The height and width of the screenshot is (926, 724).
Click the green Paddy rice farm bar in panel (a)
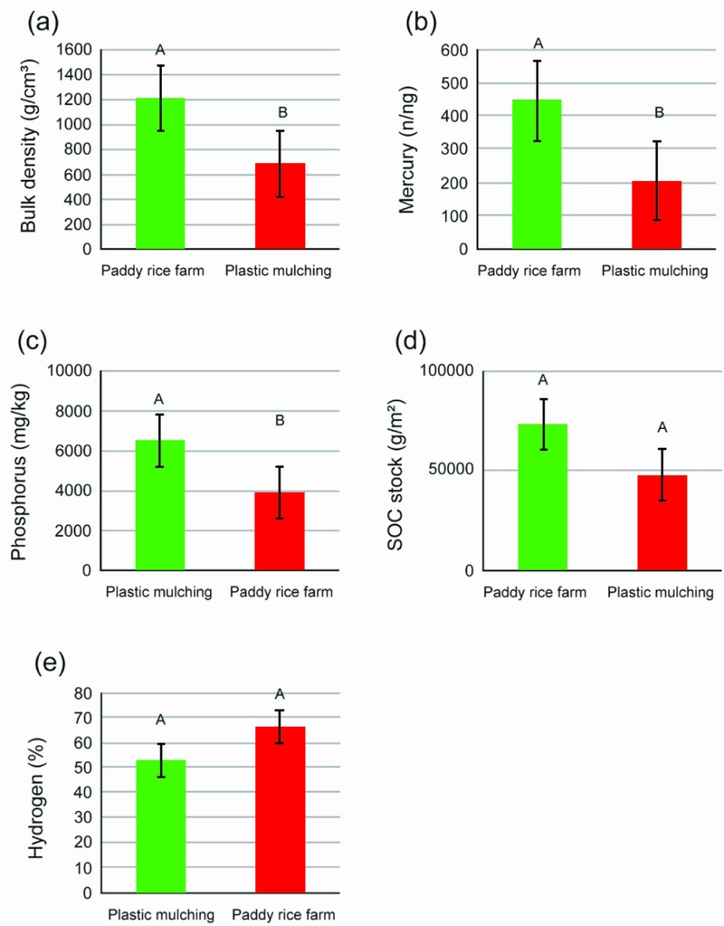160,174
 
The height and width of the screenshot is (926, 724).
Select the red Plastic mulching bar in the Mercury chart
657,215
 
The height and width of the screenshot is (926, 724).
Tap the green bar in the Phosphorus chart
160,505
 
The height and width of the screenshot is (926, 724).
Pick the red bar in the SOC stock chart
662,523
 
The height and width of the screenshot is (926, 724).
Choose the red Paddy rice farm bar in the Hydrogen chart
280,809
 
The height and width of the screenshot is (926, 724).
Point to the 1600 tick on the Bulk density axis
74,50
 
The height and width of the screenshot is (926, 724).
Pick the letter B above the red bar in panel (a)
282,112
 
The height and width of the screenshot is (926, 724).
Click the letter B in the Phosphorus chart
280,421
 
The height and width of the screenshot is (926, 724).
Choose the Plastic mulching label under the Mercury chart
654,271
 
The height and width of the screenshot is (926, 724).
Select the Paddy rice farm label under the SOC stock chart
535,592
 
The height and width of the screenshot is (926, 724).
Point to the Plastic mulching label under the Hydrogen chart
161,915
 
